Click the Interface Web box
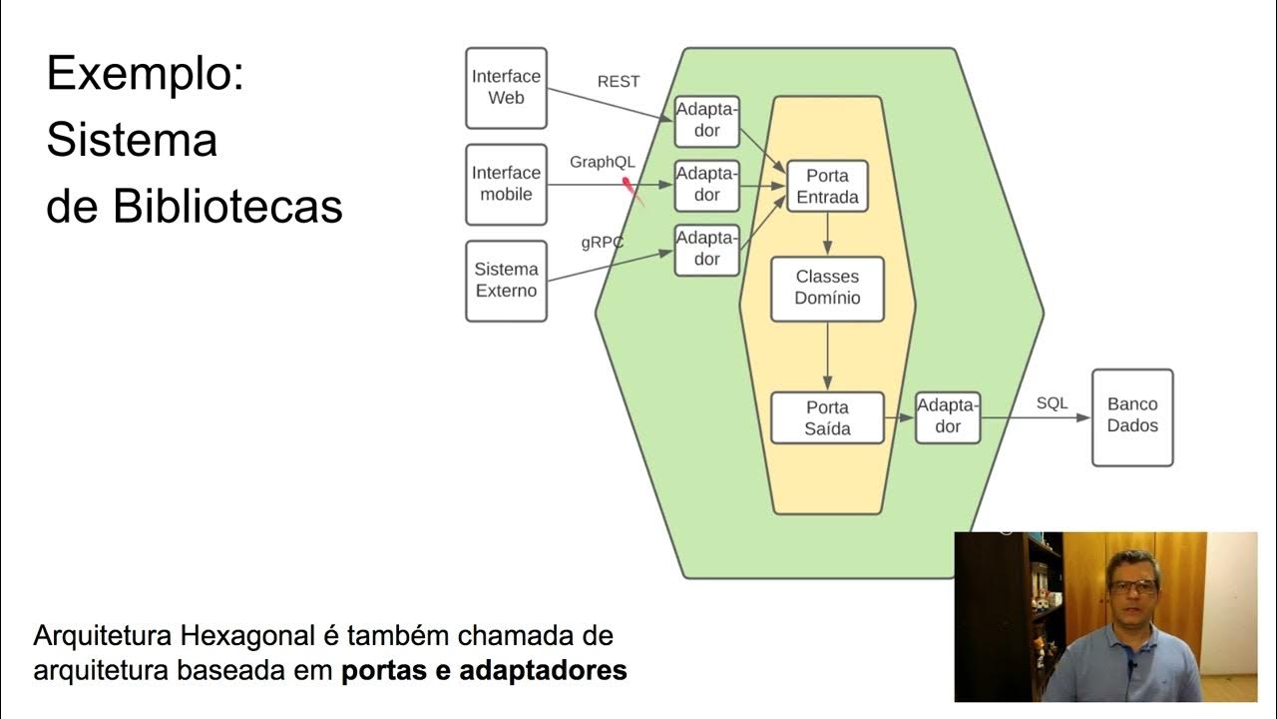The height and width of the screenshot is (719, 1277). (506, 88)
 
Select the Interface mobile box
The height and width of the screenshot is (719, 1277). (506, 184)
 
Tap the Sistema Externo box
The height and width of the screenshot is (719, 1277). (506, 281)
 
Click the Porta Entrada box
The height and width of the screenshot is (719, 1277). (827, 186)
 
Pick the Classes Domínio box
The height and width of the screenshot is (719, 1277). (827, 287)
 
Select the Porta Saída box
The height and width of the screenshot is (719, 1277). (827, 417)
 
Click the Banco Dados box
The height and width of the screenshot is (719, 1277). (1132, 416)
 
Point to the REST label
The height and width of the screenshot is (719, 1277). (619, 82)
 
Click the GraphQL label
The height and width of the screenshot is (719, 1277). (603, 162)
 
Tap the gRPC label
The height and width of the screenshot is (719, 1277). (603, 242)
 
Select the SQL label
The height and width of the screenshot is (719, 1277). (1052, 403)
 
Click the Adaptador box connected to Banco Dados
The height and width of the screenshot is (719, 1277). (948, 416)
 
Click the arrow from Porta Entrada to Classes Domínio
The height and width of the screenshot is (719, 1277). (827, 235)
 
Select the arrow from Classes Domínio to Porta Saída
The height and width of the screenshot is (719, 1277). (827, 357)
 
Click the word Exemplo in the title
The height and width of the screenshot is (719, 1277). (145, 75)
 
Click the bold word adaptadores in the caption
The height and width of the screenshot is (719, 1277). (543, 670)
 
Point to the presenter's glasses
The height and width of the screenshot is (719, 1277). (1132, 585)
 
